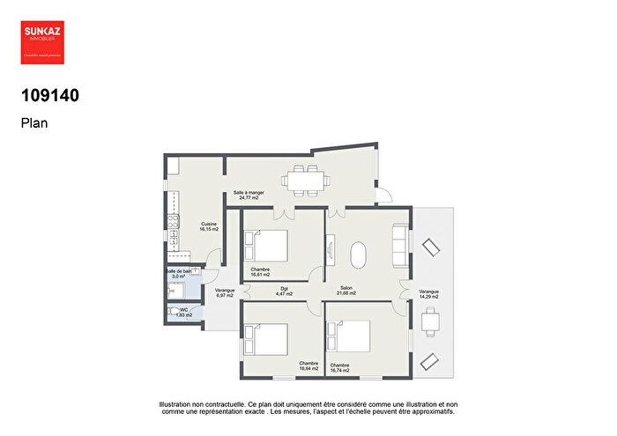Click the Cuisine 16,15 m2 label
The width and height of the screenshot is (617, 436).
[209, 226]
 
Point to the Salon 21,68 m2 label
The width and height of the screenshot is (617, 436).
[348, 290]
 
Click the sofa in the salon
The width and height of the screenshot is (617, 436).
[400, 247]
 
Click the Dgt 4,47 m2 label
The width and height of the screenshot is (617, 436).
[285, 290]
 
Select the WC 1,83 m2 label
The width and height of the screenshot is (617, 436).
[183, 313]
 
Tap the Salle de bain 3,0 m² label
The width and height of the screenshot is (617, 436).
[179, 273]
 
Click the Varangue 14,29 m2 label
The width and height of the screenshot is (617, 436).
[429, 293]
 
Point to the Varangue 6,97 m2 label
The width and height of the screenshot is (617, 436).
[224, 292]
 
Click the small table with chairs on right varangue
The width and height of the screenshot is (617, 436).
[430, 324]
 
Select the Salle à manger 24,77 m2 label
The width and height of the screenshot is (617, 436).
[249, 195]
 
